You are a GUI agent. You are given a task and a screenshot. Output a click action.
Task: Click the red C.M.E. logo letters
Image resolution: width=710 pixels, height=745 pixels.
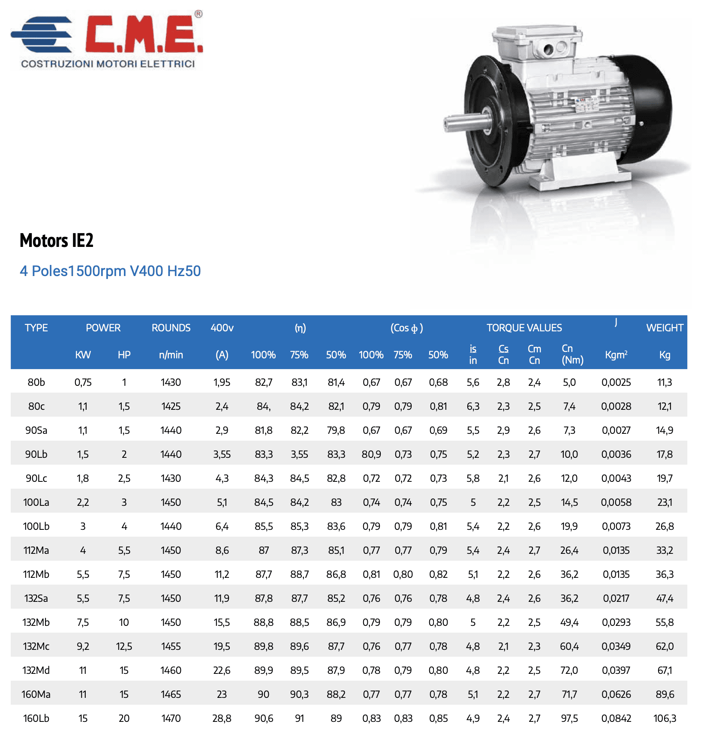pyautogui.click(x=144, y=34)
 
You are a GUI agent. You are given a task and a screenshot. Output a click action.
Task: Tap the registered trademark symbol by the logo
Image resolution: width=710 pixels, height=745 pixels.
pyautogui.click(x=199, y=14)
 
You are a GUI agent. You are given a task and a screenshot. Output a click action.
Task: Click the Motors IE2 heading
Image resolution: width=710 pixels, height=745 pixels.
pyautogui.click(x=57, y=240)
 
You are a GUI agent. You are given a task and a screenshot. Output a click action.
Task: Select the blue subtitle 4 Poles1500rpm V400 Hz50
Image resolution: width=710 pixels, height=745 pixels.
pyautogui.click(x=110, y=271)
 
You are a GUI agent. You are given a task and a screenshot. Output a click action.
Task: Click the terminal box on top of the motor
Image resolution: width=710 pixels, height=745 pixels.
pyautogui.click(x=538, y=45)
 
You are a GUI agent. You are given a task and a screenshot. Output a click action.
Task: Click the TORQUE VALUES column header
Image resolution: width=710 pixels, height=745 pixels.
pyautogui.click(x=524, y=328)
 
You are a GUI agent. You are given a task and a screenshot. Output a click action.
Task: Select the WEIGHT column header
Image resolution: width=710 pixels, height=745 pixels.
pyautogui.click(x=665, y=328)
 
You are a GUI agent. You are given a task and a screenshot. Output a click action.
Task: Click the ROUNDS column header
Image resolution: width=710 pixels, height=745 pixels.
pyautogui.click(x=171, y=328)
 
